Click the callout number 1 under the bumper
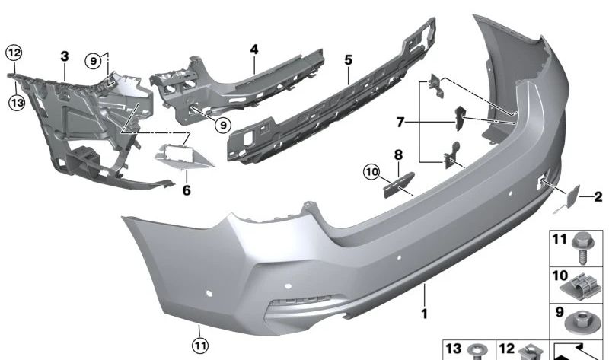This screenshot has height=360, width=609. pos(424,312)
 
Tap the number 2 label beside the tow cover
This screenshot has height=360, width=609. pos(598,197)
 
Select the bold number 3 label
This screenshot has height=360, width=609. pos(65,56)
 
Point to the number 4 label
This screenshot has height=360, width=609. pos(253,49)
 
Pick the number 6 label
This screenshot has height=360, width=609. pos(186,190)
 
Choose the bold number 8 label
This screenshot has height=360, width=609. pos(397,155)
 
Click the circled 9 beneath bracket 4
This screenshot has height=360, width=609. pos(222,124)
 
